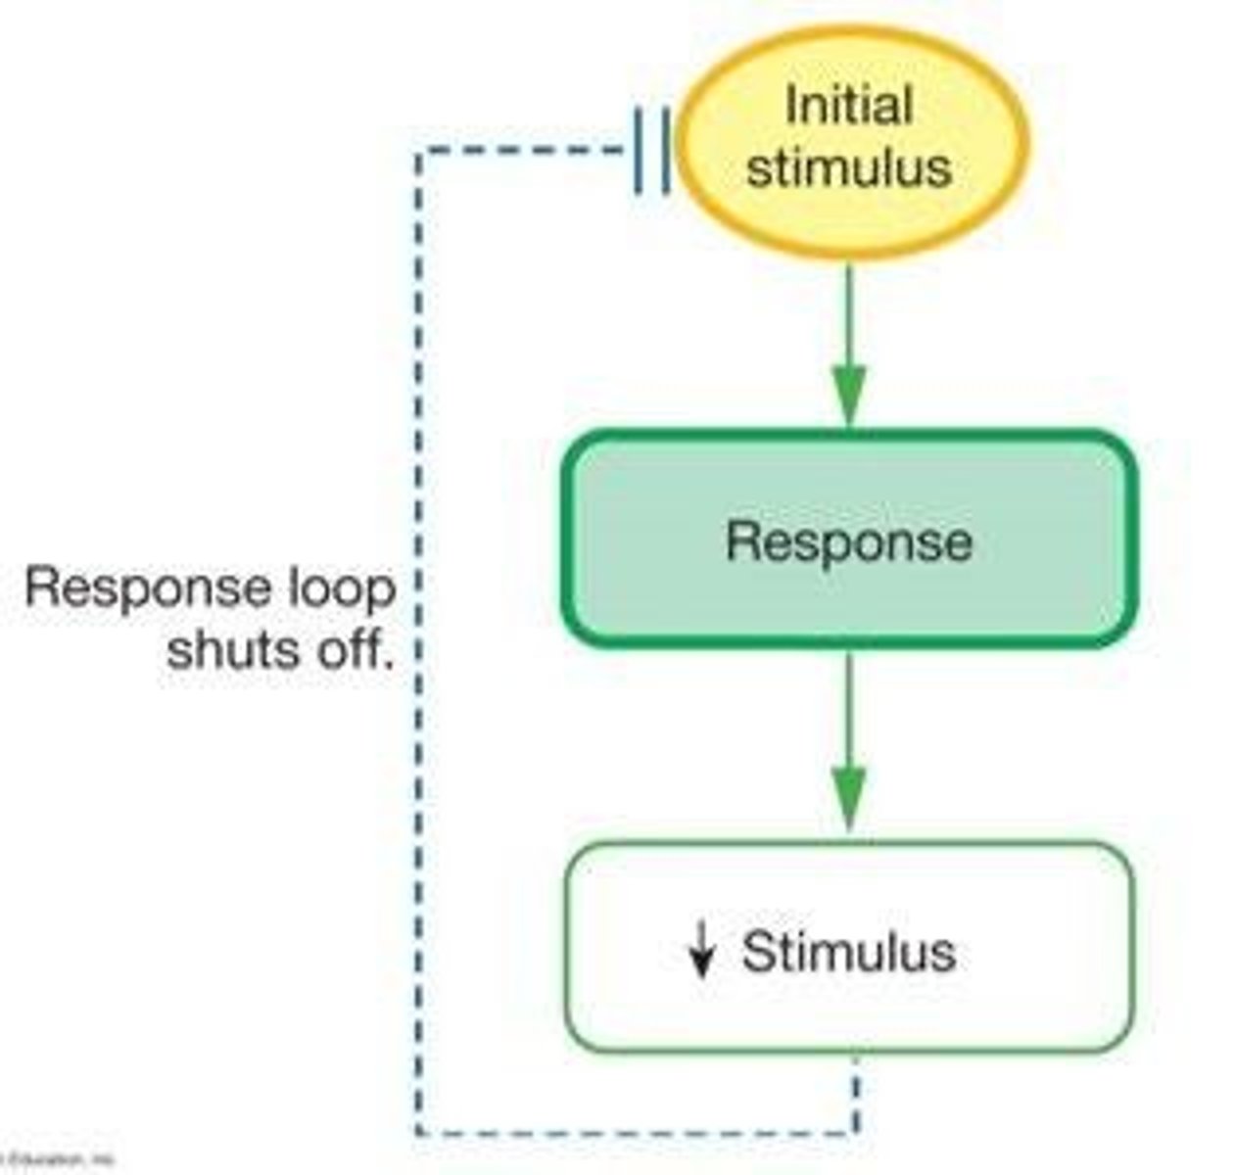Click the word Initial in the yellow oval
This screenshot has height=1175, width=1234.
coord(848,106)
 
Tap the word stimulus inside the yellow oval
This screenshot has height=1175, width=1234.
coord(848,166)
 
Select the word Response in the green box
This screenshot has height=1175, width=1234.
coord(848,540)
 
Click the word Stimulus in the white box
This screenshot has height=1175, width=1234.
coord(848,951)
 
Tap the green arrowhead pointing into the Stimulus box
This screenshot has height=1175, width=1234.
coord(849,800)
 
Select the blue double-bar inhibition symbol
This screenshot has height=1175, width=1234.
coord(652,151)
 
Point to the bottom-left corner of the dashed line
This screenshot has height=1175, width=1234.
coord(419,1133)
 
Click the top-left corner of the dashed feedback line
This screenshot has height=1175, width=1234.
coord(419,152)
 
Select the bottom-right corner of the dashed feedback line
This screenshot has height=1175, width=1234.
coord(856,1133)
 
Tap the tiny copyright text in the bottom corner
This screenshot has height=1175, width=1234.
coord(59,1160)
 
